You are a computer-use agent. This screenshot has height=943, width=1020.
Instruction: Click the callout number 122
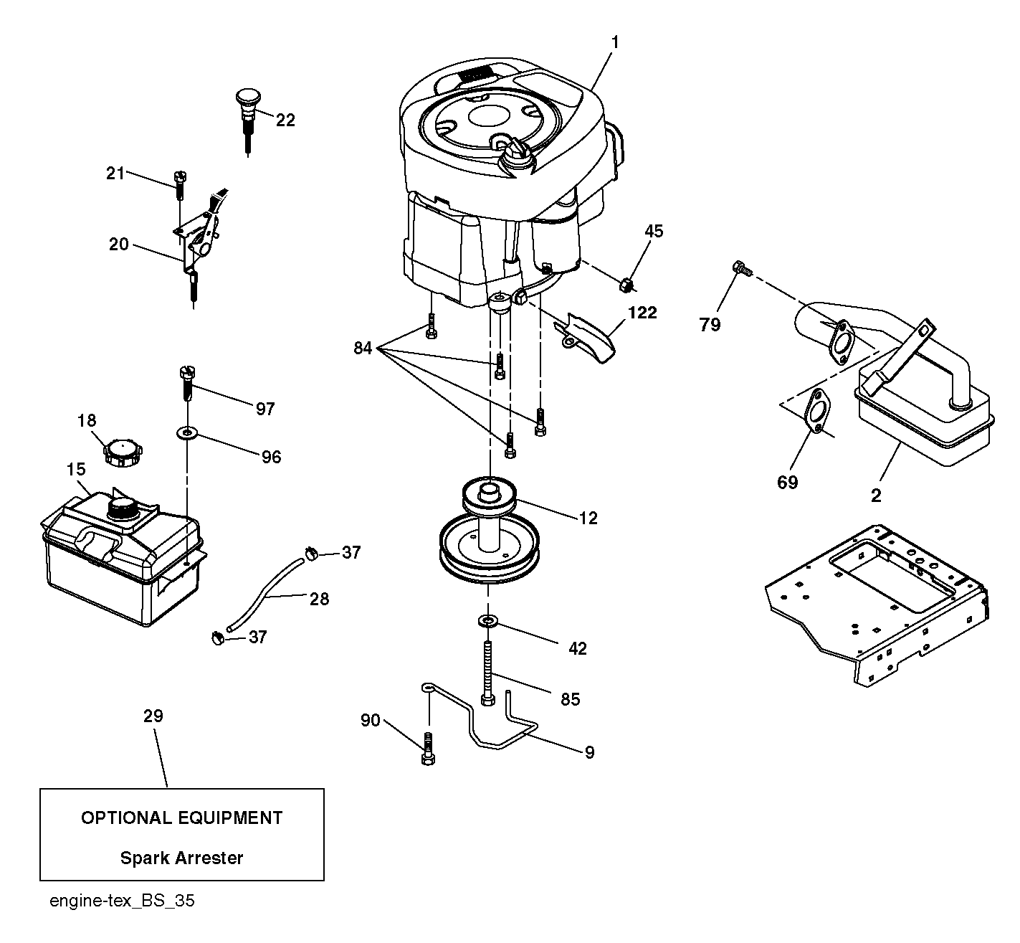pyautogui.click(x=642, y=313)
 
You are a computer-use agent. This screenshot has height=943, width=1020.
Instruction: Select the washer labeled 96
pyautogui.click(x=187, y=434)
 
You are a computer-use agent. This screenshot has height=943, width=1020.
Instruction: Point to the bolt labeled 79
pyautogui.click(x=742, y=267)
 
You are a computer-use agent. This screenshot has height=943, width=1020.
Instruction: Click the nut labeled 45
pyautogui.click(x=626, y=284)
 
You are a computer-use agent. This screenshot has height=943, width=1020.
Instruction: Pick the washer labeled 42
pyautogui.click(x=487, y=621)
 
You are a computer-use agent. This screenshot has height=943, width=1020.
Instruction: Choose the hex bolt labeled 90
pyautogui.click(x=428, y=749)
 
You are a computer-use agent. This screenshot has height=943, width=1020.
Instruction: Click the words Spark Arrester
pyautogui.click(x=181, y=858)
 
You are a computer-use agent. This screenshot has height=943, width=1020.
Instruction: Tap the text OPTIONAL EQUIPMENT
pyautogui.click(x=182, y=818)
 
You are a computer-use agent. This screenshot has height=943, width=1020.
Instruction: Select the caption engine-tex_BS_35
pyautogui.click(x=122, y=901)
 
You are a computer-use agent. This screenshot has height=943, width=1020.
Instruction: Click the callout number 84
pyautogui.click(x=363, y=349)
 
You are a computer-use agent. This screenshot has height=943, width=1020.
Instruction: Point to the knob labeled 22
pyautogui.click(x=248, y=120)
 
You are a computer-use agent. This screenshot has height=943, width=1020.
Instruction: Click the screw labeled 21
pyautogui.click(x=180, y=186)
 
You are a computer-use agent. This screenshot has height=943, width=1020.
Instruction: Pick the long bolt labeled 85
pyautogui.click(x=488, y=673)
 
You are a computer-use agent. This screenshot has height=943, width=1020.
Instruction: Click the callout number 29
pyautogui.click(x=153, y=716)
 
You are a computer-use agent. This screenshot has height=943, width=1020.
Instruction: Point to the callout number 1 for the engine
pyautogui.click(x=615, y=42)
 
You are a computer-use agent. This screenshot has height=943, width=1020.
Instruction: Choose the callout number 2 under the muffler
pyautogui.click(x=876, y=496)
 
